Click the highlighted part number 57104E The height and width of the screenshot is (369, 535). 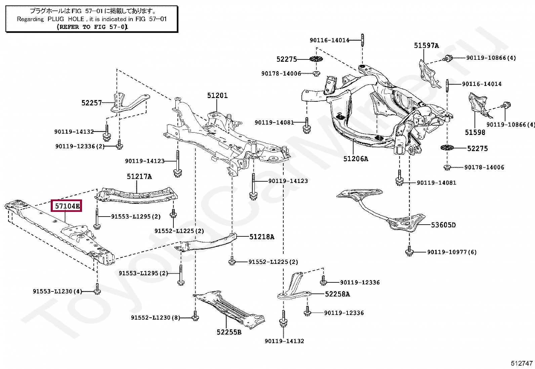pos(67,206)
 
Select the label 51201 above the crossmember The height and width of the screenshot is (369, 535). pos(217,95)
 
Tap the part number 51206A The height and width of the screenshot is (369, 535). pos(356,158)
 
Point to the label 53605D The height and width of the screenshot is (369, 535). pos(443,225)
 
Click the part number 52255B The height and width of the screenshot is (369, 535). pos(229,332)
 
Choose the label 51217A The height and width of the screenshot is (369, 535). pos(139,176)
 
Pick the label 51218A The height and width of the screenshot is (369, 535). pos(261,237)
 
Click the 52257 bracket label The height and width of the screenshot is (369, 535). pos(91,103)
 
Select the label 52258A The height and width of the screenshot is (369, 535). pos(337,294)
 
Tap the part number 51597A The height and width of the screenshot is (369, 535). pos(426,45)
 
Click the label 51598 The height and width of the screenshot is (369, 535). pos(475,132)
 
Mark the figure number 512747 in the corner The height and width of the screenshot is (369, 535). pos(522,363)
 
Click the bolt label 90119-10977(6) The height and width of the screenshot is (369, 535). pos(452,252)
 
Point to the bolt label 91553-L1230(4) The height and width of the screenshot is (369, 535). pos(57,291)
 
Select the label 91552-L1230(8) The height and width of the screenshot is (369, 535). pos(155,317)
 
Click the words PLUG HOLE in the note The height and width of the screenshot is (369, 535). pos(66,19)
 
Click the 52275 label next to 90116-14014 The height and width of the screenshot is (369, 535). pos(287,59)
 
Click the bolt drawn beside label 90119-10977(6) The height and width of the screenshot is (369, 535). pos(409,251)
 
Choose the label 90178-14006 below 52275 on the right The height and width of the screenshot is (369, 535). pos(484,167)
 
